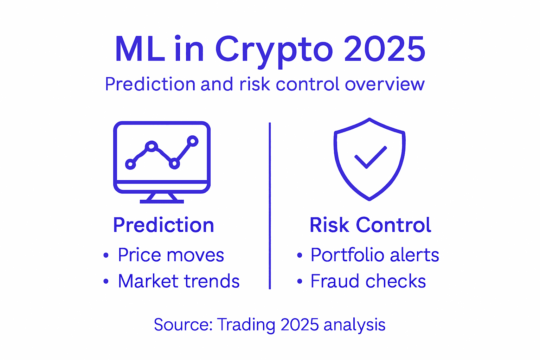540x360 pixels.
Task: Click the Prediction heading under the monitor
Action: [163, 225]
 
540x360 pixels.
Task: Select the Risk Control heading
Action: [370, 225]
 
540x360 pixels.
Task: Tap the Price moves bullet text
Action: [171, 255]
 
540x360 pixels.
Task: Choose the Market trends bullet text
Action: [179, 281]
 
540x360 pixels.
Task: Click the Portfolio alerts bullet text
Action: [375, 255]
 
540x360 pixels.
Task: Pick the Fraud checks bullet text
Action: [368, 281]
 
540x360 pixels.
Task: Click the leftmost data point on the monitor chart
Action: [130, 164]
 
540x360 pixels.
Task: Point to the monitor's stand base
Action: [162, 201]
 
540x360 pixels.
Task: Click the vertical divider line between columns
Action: [270, 206]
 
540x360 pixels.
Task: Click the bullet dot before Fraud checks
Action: [299, 281]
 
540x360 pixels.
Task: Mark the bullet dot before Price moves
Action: [106, 255]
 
